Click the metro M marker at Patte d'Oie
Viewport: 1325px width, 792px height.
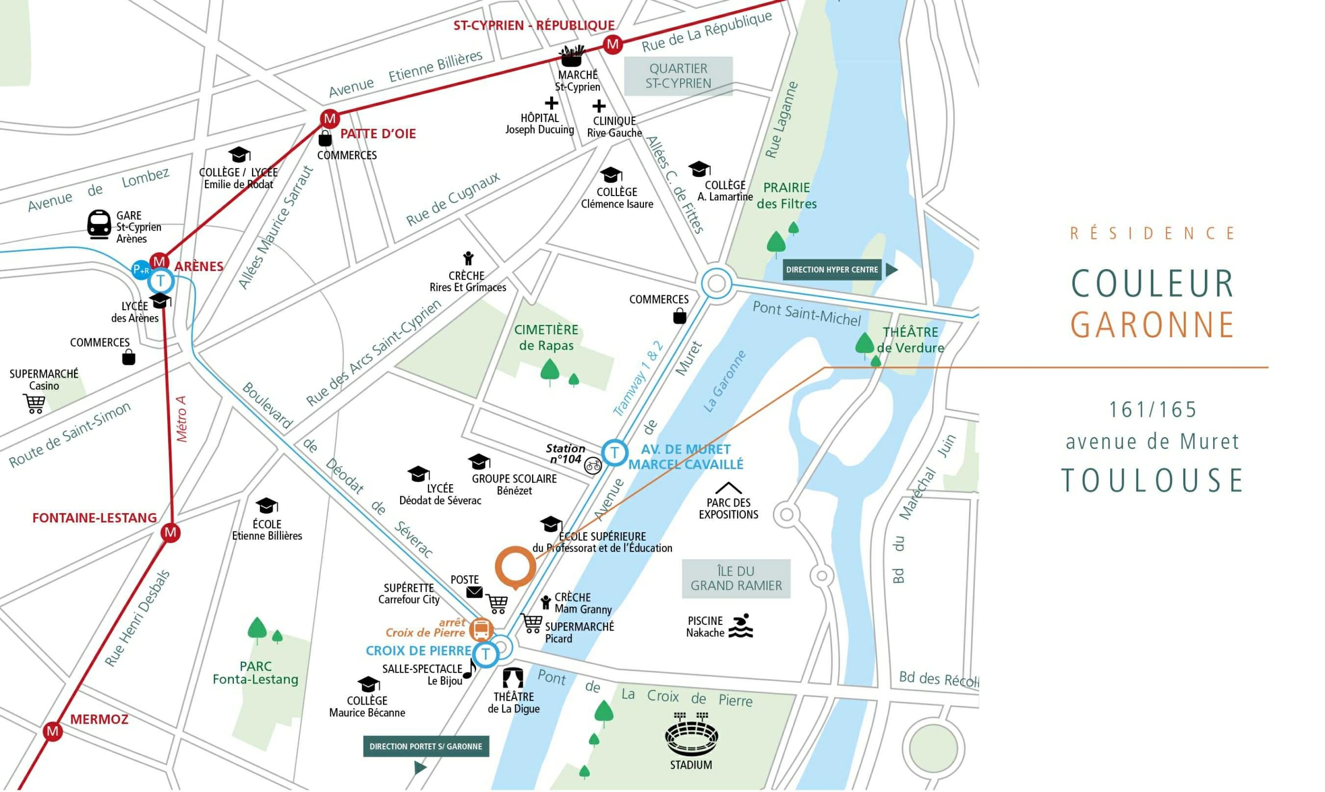(329, 118)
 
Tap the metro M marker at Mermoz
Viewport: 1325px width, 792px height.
(52, 730)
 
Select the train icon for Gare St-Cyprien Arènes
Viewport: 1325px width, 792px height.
(99, 225)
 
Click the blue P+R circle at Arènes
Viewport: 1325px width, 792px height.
(141, 270)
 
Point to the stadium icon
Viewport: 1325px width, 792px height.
(691, 736)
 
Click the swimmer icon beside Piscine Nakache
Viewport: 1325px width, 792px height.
(741, 626)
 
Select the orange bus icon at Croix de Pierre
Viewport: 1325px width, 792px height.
(481, 630)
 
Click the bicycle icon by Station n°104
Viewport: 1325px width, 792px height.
(593, 466)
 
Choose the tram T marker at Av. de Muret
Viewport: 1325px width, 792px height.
(614, 453)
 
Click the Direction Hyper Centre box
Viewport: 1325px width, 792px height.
(832, 270)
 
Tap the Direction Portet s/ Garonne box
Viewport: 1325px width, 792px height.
(425, 746)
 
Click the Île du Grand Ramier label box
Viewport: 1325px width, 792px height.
(735, 578)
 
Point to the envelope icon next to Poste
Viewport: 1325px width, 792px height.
(474, 592)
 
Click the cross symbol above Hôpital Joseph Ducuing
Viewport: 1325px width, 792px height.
(551, 103)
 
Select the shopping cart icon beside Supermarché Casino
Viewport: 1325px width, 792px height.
(34, 404)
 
